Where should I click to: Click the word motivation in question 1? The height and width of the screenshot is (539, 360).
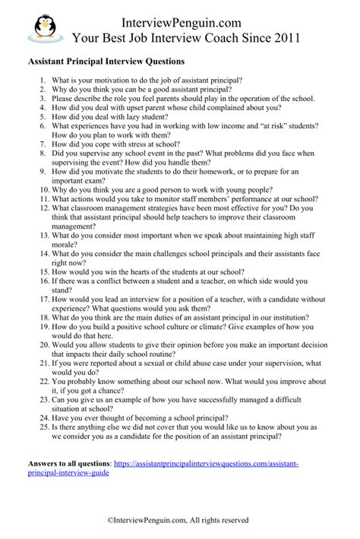point(112,80)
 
